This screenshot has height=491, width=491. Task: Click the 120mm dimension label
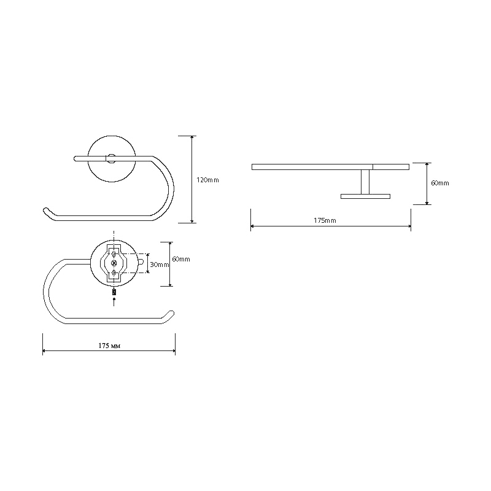click(207, 180)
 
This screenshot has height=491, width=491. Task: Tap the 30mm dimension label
click(160, 265)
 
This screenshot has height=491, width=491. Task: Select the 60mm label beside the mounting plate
click(181, 259)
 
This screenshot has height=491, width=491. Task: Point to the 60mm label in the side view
click(440, 183)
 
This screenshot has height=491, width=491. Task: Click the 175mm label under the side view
click(325, 220)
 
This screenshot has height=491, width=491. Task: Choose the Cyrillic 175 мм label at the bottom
click(109, 346)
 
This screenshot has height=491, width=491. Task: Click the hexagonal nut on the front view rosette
click(111, 158)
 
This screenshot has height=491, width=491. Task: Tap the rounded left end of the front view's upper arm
click(75, 158)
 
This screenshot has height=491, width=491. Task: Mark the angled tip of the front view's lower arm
click(47, 211)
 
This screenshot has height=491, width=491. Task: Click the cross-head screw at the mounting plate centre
click(114, 264)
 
